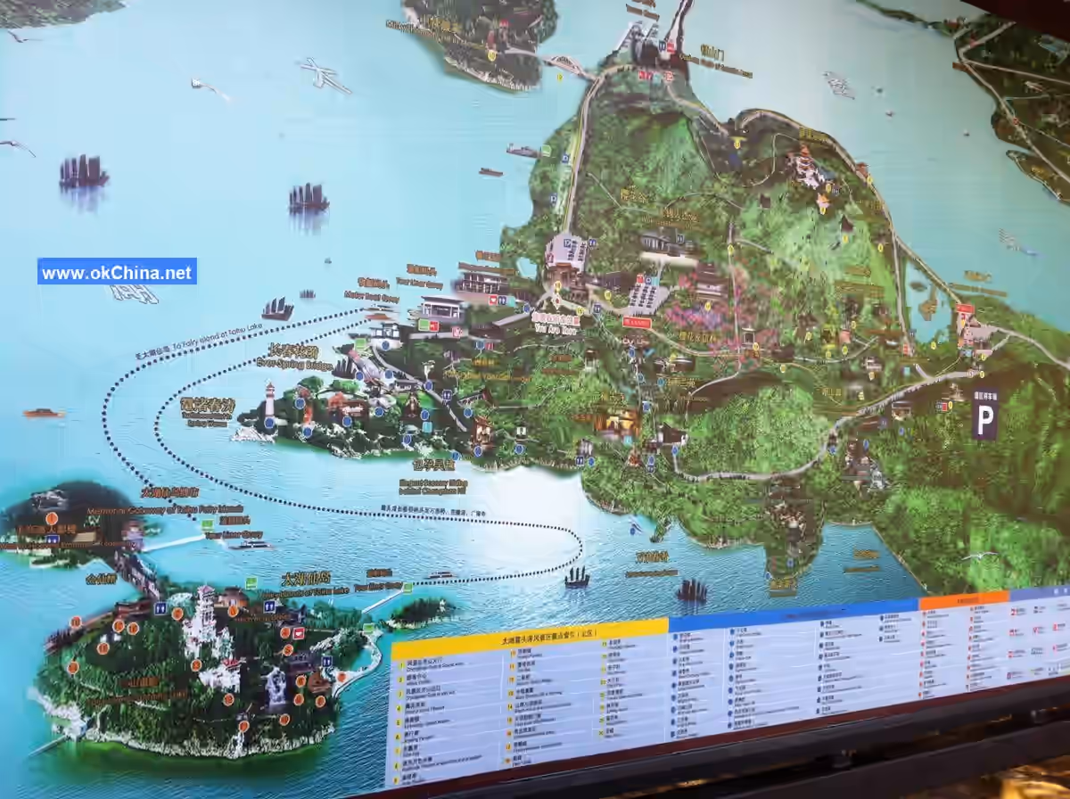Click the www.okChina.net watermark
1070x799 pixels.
[x=117, y=272]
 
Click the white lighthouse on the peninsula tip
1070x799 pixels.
[x=269, y=400]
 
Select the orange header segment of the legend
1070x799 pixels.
[x=963, y=600]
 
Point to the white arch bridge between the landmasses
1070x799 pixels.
[x=567, y=65]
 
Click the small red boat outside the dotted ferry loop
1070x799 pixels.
[x=44, y=413]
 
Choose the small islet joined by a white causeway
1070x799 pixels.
[x=420, y=611]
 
